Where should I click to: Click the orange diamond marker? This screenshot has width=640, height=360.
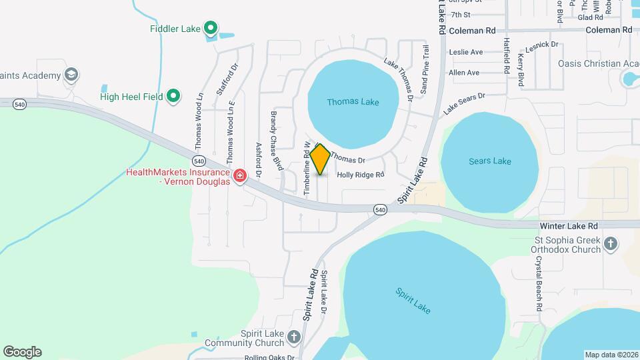click(320, 160)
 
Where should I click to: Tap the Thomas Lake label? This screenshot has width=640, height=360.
click(353, 102)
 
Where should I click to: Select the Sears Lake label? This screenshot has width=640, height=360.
click(489, 161)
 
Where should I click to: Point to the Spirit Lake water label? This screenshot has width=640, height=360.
click(413, 300)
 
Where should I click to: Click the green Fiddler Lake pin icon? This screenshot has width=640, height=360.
click(211, 28)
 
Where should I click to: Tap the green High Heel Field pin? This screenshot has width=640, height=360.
click(173, 97)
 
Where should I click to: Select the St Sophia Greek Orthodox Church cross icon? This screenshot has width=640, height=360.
click(610, 244)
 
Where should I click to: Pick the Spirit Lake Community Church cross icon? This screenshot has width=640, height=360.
click(294, 337)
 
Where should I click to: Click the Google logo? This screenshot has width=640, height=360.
click(22, 352)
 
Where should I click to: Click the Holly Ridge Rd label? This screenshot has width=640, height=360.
click(361, 175)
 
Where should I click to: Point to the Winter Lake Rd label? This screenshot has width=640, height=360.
click(569, 226)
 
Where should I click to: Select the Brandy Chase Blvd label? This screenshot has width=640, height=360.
click(275, 139)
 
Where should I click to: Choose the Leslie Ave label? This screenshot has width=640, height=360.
click(465, 52)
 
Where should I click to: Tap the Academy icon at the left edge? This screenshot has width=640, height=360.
click(72, 75)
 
